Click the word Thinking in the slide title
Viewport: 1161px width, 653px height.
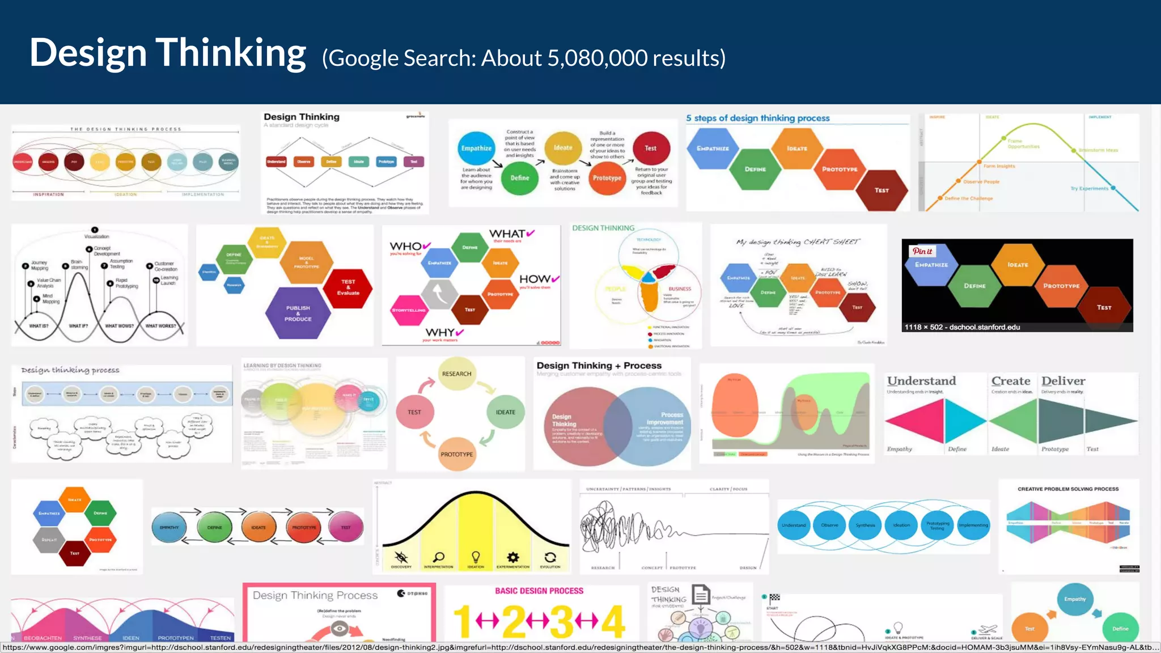pos(231,53)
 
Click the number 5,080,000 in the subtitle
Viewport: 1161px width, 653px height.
pos(597,58)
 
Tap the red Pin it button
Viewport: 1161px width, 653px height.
pos(922,251)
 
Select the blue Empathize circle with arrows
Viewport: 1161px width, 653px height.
pos(476,148)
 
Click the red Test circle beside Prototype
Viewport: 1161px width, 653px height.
pos(651,148)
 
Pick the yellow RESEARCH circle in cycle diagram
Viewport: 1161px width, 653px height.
pos(456,374)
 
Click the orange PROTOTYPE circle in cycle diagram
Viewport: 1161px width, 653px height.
pos(456,454)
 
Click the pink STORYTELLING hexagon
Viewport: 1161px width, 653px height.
pos(409,310)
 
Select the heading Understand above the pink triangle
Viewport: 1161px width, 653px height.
pos(921,381)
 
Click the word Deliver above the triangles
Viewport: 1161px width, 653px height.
pos(1063,381)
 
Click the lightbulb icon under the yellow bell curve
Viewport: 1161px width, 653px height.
pos(476,557)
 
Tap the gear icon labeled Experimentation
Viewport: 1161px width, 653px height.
pos(512,557)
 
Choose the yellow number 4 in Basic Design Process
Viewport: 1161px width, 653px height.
pos(613,622)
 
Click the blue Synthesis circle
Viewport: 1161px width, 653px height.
pos(865,525)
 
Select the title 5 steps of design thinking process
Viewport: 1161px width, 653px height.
pos(757,118)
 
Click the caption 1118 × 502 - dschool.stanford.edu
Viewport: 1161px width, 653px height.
pos(962,327)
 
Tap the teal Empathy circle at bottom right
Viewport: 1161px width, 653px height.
pos(1075,599)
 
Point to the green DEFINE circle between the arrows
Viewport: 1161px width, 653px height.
pos(214,527)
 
